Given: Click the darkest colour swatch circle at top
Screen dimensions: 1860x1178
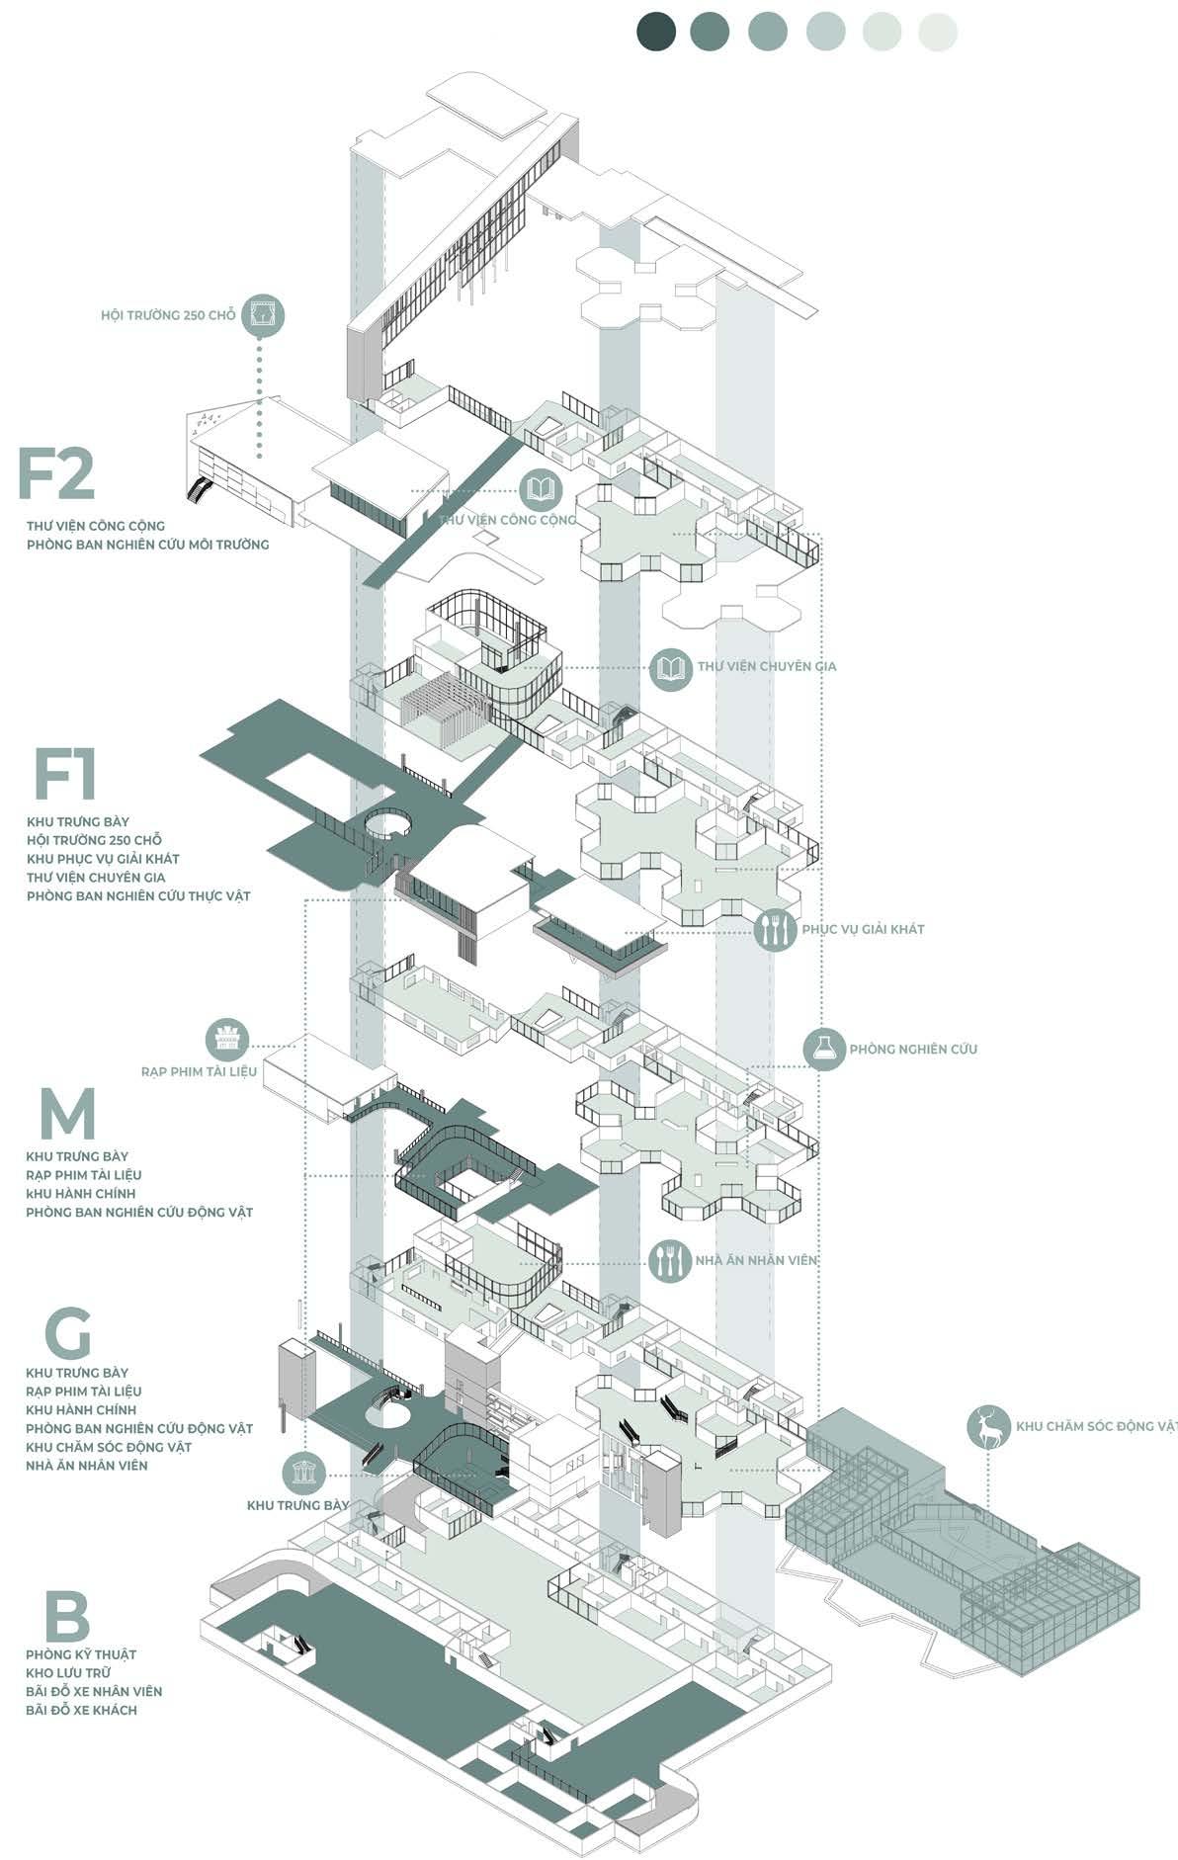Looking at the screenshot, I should [656, 32].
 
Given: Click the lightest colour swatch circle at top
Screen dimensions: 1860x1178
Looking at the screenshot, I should [937, 32].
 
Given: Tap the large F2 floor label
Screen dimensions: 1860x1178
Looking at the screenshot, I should [56, 474].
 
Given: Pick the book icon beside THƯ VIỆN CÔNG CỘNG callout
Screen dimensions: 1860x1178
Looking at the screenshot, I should [542, 488].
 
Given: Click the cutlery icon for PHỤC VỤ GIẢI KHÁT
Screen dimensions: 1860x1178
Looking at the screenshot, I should [775, 929].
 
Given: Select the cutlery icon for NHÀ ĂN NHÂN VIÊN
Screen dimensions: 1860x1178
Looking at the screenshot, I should [670, 1259].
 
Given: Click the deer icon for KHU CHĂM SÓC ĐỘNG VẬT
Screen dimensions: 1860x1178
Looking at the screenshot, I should [988, 1427].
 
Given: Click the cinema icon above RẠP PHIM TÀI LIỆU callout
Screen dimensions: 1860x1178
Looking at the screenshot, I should [226, 1040].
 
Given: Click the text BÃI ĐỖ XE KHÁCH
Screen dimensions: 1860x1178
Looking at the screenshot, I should [81, 1710].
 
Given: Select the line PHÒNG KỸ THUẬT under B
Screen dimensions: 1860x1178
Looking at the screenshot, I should [81, 1654].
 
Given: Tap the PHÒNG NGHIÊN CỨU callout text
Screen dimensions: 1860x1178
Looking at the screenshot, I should [913, 1049].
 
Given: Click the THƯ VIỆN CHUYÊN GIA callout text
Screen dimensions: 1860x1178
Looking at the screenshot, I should [767, 666].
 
